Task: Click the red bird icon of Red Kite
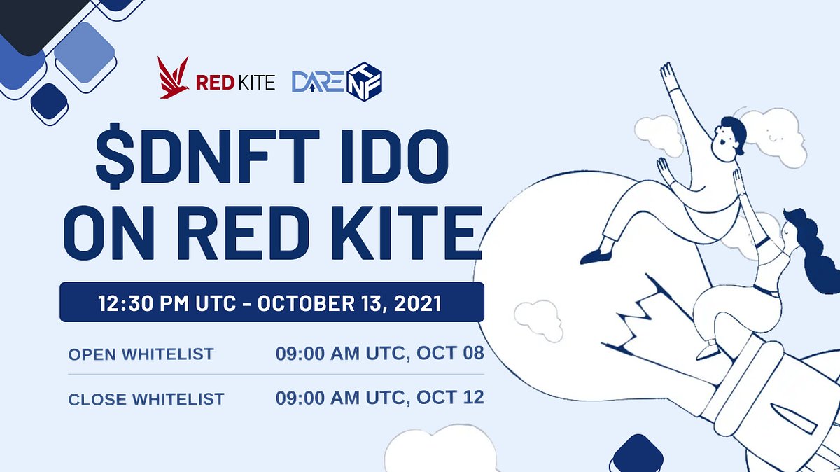click(x=174, y=78)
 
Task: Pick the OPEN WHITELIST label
click(x=140, y=354)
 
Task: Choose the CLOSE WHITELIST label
click(x=146, y=400)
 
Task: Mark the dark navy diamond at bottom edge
click(x=636, y=455)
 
